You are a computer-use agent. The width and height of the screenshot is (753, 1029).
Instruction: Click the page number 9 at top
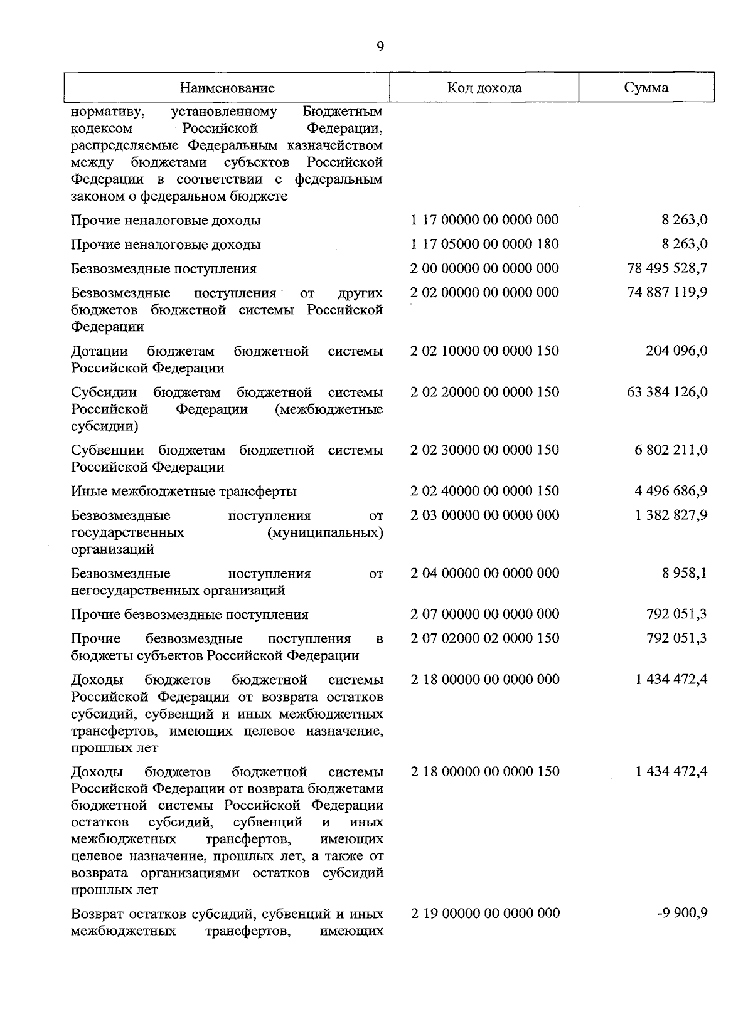pos(380,47)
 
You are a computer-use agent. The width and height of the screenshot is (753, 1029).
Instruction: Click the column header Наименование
pos(227,88)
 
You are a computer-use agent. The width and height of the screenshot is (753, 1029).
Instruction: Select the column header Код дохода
pos(484,88)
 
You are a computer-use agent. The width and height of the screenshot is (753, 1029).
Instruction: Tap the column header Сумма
pos(646,88)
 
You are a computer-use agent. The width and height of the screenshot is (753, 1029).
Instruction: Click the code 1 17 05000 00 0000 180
pos(484,244)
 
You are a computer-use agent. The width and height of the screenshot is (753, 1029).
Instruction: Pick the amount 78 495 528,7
pos(667,268)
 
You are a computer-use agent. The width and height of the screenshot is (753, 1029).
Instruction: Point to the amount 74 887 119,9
pos(667,292)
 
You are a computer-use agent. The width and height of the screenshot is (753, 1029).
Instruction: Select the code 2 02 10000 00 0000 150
pos(484,351)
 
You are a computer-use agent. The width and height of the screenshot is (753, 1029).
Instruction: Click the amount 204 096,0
pos(676,351)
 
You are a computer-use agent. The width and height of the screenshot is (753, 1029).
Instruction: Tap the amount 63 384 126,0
pos(667,392)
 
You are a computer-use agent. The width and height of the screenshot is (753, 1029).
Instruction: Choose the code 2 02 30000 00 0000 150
pos(484,450)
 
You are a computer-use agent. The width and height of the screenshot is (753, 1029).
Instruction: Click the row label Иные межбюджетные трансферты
pos(183,492)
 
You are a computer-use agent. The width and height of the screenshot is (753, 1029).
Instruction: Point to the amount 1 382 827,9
pos(671,515)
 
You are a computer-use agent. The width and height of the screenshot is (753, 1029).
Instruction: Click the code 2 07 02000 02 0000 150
pos(484,638)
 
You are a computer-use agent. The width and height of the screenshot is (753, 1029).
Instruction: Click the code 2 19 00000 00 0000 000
pos(485,913)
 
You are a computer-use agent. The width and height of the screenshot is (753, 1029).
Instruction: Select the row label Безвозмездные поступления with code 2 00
pos(163,269)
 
